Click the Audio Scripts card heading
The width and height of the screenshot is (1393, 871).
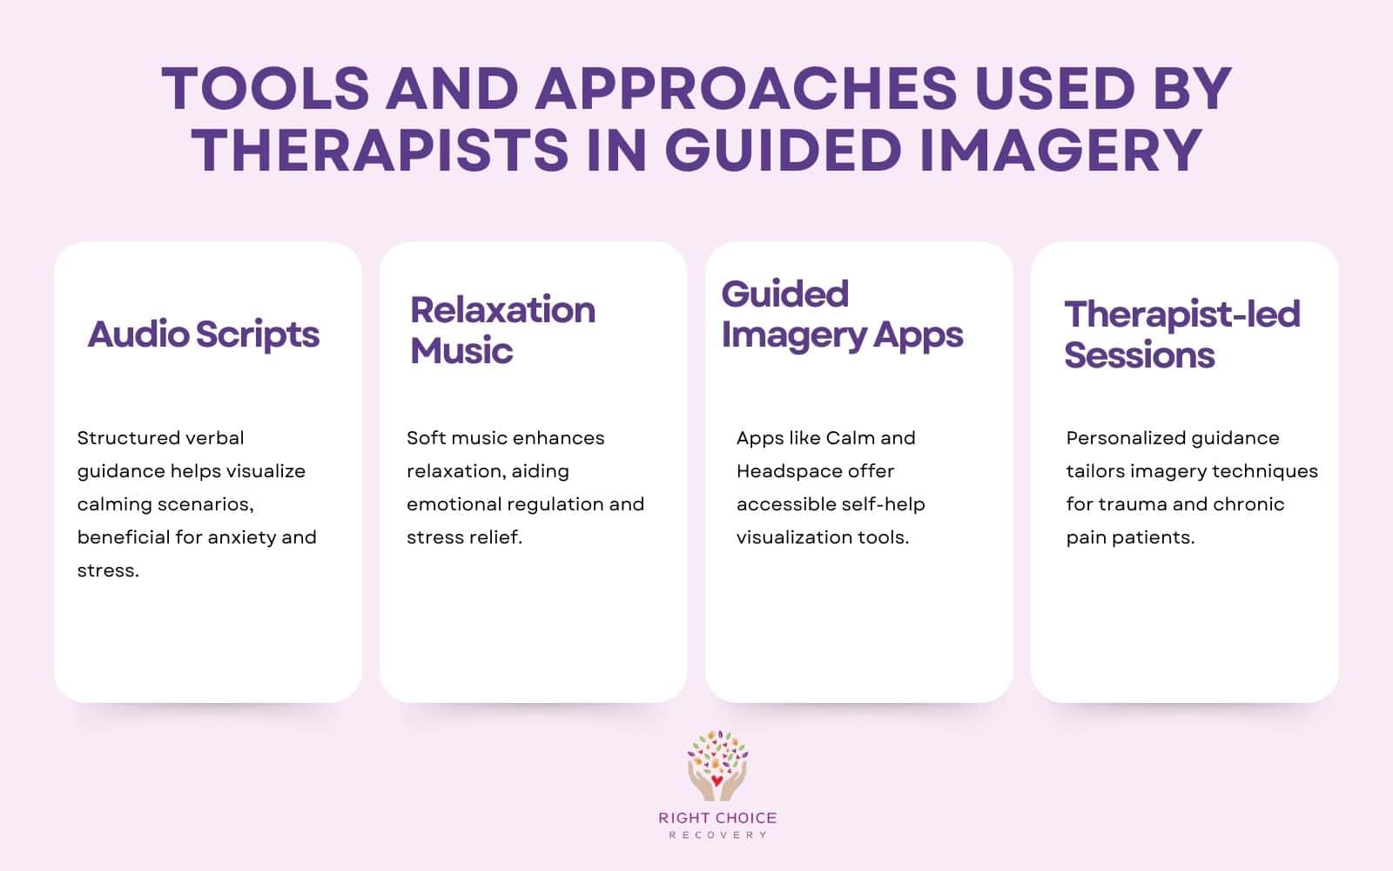(204, 334)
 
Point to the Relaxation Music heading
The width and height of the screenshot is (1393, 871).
(502, 330)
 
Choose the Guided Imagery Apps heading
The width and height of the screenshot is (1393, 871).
(842, 314)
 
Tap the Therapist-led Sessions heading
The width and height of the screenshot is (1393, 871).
(1181, 334)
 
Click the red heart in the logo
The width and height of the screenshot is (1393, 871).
(717, 780)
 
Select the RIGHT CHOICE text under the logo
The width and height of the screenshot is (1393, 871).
(717, 818)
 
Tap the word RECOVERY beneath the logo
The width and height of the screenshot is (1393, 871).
(717, 835)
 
